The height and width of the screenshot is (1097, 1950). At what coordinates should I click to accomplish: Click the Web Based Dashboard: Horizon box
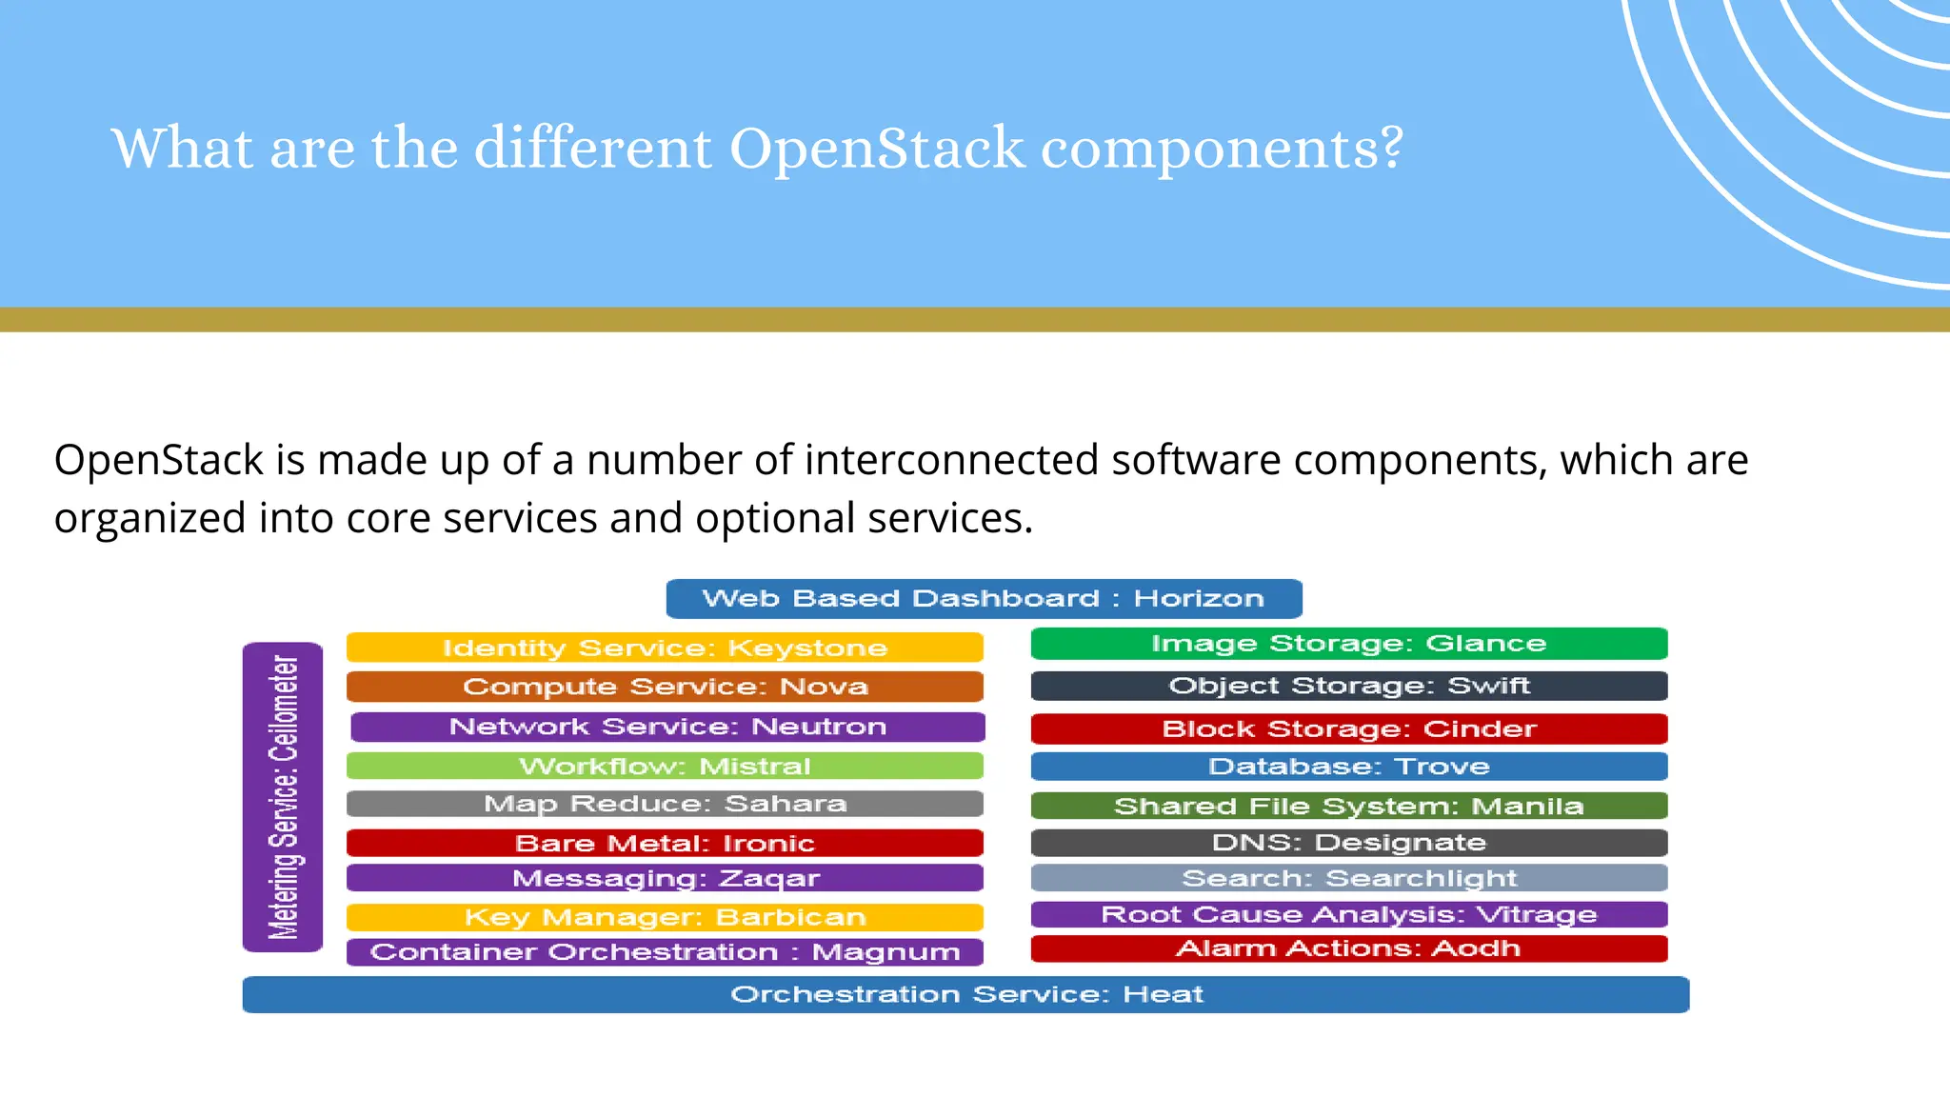tap(984, 599)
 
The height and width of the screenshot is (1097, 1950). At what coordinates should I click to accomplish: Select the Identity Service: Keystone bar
tap(665, 648)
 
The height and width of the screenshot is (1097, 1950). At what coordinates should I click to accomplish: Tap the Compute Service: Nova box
tap(665, 687)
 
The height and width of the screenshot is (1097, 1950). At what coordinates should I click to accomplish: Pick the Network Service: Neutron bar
tap(667, 727)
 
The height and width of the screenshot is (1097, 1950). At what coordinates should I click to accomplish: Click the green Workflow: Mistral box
tap(665, 766)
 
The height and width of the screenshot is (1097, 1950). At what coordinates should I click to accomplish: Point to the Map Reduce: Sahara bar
tap(665, 804)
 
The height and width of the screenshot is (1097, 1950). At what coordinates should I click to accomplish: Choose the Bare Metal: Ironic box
tap(665, 843)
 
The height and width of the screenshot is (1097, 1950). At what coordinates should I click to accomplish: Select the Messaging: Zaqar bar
tap(665, 878)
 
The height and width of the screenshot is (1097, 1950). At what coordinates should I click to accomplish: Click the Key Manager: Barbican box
tap(665, 917)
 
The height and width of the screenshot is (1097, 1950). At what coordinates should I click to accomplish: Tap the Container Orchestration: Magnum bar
tap(665, 952)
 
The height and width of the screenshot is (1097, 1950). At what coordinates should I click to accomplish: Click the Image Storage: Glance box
tap(1349, 644)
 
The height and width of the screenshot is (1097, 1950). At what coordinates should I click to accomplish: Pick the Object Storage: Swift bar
tap(1349, 686)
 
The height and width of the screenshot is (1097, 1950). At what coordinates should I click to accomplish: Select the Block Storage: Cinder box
tap(1349, 728)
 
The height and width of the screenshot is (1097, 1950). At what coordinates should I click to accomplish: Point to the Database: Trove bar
tap(1349, 767)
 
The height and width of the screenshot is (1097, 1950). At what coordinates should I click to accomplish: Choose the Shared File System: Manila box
tap(1349, 806)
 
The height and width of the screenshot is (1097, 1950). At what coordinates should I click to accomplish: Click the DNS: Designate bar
tap(1349, 843)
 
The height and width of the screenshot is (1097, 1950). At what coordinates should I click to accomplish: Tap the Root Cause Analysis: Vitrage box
tap(1349, 914)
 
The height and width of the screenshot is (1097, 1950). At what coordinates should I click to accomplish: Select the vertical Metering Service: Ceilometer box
tap(283, 797)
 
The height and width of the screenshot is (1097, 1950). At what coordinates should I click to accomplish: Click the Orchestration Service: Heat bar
tap(965, 994)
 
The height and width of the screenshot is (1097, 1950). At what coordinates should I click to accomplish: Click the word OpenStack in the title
tap(877, 149)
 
